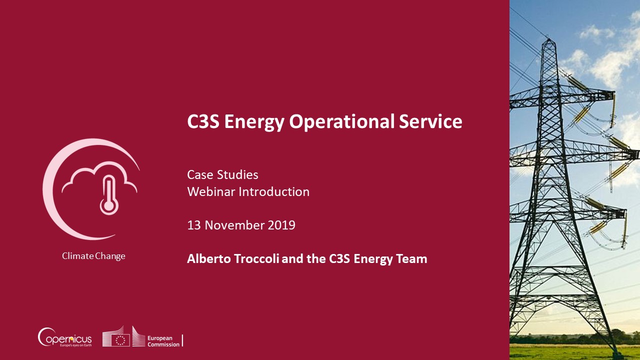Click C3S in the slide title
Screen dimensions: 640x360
coord(203,121)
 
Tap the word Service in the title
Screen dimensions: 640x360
coord(430,121)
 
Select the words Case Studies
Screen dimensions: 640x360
coord(222,174)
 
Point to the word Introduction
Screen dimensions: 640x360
coord(274,191)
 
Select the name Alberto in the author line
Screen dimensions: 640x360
coord(209,258)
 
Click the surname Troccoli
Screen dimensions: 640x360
coord(256,258)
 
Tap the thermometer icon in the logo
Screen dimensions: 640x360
coord(109,195)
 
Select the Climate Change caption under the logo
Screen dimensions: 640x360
coord(93,256)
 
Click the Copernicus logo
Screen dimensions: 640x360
coord(64,337)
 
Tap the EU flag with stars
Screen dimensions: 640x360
coord(120,340)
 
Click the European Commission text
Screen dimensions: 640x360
coord(163,341)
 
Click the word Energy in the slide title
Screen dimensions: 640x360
coord(254,122)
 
